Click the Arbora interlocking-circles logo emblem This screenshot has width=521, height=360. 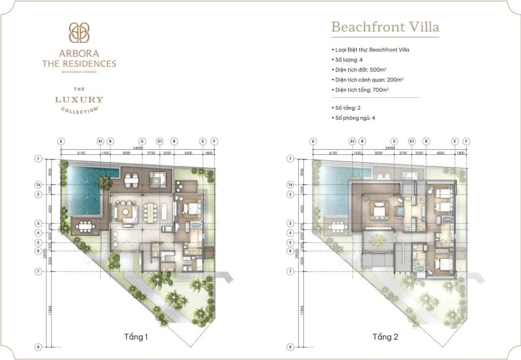79,33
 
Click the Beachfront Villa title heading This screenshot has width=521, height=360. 385,26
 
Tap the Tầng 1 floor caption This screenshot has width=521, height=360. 136,337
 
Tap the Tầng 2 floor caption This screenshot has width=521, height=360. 384,337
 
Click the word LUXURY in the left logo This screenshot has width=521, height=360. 79,100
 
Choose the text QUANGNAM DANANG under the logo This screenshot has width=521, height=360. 79,72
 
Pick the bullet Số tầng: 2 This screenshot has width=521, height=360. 348,108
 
